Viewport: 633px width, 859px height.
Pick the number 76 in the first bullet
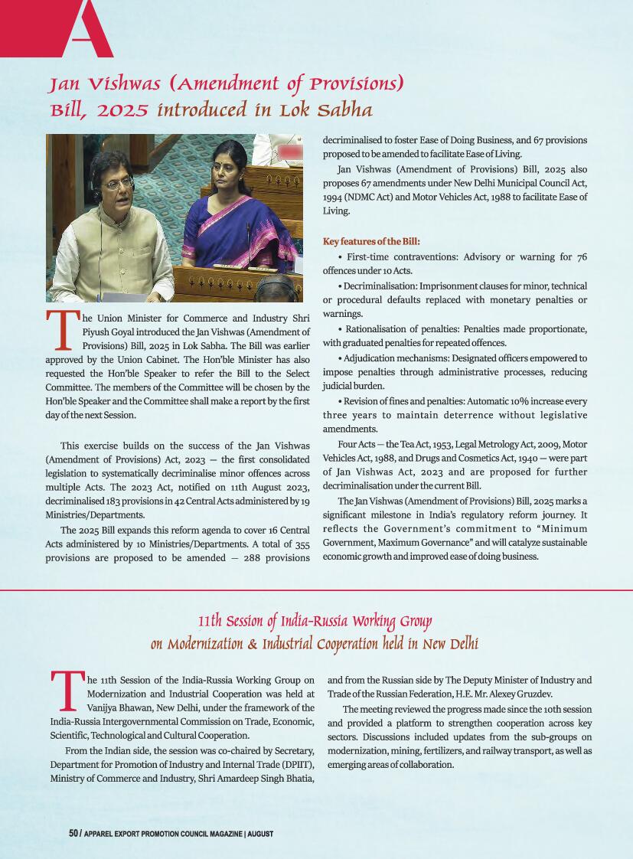click(x=581, y=256)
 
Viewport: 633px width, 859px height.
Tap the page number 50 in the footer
click(x=73, y=833)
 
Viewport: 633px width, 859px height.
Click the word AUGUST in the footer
click(x=261, y=833)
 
